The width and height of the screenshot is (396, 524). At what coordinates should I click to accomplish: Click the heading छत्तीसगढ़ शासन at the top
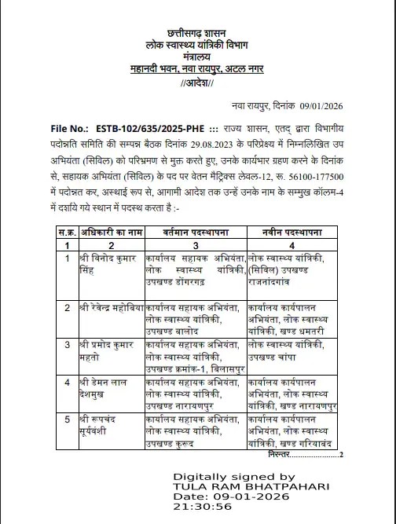(197, 33)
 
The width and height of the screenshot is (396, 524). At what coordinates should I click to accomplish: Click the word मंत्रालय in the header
(197, 57)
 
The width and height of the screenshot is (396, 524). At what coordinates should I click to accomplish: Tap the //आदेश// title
(197, 84)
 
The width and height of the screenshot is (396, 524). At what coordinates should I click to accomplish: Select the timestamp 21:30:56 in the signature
(203, 507)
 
